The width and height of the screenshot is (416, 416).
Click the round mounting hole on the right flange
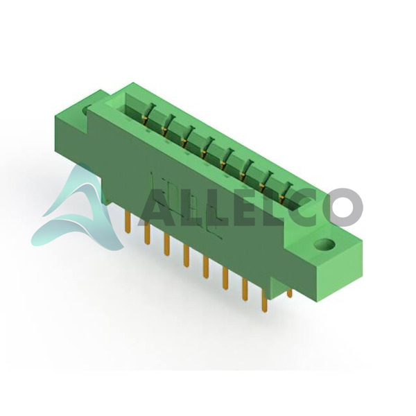click(324, 244)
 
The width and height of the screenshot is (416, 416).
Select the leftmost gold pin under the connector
click(128, 223)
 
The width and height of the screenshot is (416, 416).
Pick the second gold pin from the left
click(148, 234)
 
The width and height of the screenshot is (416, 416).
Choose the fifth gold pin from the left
click(206, 268)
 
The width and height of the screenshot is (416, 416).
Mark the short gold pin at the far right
click(289, 293)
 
